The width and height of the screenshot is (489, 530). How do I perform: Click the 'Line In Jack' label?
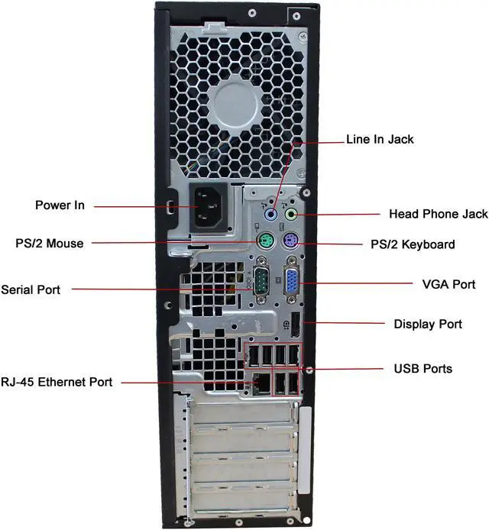point(380,139)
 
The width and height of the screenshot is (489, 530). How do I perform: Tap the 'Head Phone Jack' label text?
point(438,214)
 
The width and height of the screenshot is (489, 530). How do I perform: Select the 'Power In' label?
point(60,205)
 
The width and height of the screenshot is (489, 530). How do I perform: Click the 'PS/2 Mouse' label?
point(50,244)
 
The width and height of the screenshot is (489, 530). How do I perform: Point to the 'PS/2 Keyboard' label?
point(418,244)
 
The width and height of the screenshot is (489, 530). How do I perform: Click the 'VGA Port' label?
point(449,284)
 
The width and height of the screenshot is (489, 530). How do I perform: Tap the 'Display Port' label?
point(428,324)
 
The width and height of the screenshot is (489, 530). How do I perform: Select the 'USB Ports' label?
point(423,369)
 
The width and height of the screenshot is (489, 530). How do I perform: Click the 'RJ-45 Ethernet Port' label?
point(57,382)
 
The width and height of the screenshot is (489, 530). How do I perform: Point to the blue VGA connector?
point(292,282)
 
